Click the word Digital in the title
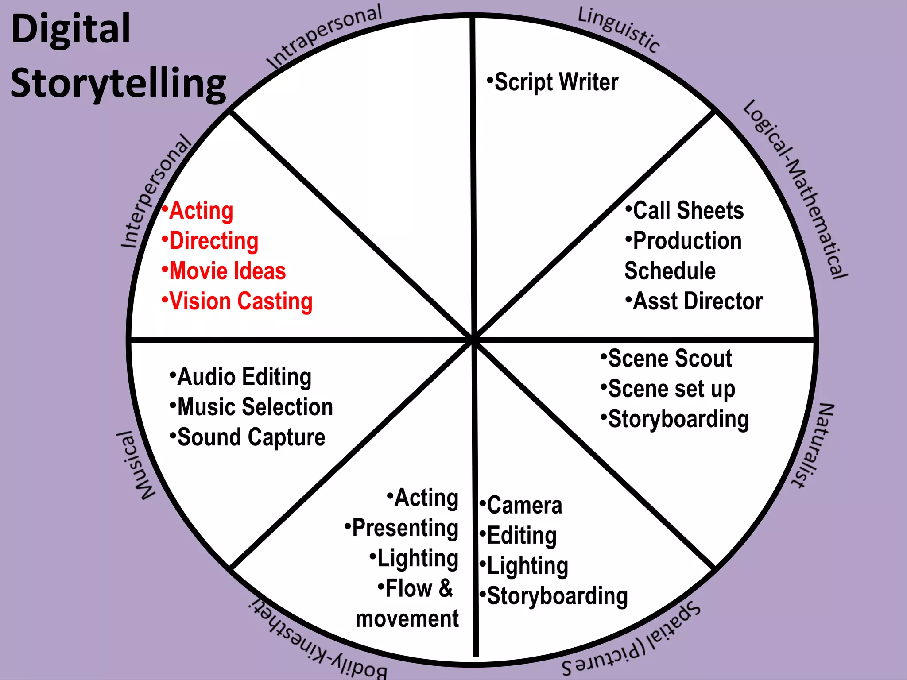coord(71,29)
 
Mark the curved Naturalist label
coord(814,445)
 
